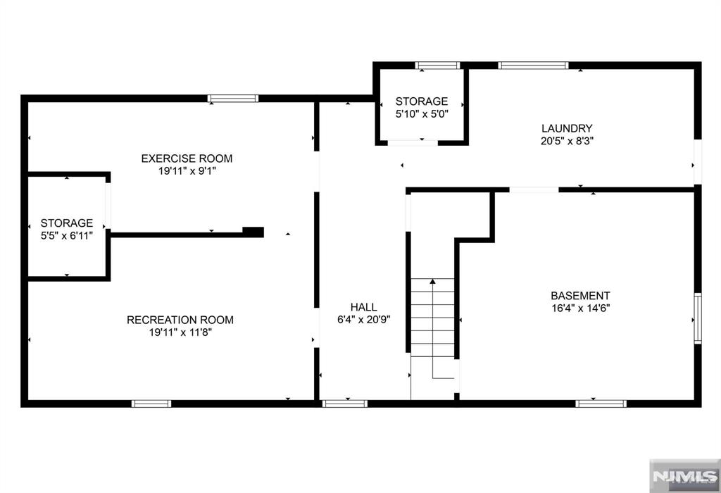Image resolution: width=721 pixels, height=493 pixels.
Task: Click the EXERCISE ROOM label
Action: pos(187,158)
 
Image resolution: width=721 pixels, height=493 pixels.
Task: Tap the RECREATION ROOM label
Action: pos(180,320)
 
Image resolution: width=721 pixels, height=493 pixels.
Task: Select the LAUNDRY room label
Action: pos(567,128)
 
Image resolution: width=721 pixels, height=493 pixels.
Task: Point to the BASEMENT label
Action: pos(580,296)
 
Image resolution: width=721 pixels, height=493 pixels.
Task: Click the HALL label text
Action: pos(364,307)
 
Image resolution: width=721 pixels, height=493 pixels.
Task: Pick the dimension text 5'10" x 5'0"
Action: pos(422,113)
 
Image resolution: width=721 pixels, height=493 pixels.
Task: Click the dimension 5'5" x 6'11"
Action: pos(67,236)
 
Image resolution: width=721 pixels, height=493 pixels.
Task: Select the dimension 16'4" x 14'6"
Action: pos(581,308)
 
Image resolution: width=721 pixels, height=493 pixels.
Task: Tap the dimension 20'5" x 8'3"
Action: pos(567,141)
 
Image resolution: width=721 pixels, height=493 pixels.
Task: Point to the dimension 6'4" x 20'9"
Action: pos(364,319)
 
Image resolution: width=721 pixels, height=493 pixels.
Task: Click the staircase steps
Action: pos(432,318)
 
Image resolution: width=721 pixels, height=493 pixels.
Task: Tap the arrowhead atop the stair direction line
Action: pos(432,281)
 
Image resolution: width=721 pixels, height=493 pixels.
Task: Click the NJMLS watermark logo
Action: pos(685,475)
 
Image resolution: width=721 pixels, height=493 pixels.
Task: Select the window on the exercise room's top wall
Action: pos(232,99)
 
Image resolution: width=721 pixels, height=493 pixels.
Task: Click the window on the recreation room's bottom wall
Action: pos(151,404)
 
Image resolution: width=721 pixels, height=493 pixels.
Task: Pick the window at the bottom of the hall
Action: pos(345,404)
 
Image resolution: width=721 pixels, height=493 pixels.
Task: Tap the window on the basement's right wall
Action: pos(698,318)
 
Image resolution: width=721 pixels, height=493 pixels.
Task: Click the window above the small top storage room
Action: pos(437,65)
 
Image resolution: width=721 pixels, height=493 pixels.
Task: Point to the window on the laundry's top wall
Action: pos(534,65)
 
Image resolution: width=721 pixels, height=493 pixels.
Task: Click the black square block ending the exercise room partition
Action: pos(253,232)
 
